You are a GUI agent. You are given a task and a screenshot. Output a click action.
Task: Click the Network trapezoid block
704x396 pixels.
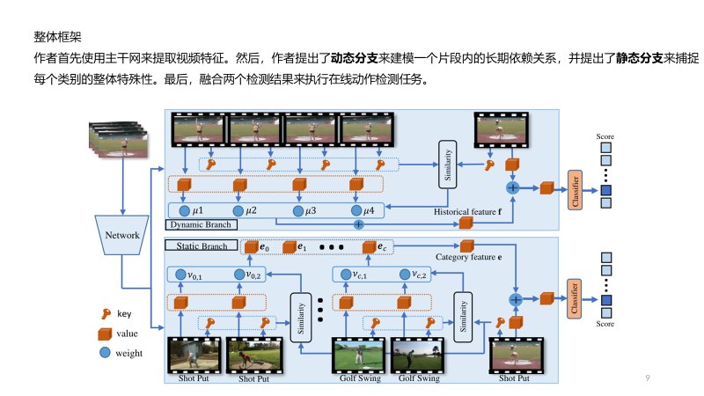pyautogui.click(x=122, y=235)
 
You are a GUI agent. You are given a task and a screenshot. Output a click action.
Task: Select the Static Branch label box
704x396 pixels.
pyautogui.click(x=201, y=246)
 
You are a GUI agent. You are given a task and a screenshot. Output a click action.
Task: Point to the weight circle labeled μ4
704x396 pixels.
pyautogui.click(x=356, y=210)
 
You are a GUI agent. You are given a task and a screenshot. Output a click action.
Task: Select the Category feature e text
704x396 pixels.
pyautogui.click(x=469, y=258)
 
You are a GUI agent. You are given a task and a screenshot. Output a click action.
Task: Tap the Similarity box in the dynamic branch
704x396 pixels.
pyautogui.click(x=448, y=164)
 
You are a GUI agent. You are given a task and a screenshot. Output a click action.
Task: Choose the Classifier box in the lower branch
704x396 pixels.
pyautogui.click(x=576, y=297)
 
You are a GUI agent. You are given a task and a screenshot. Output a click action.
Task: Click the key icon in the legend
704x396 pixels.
pyautogui.click(x=105, y=314)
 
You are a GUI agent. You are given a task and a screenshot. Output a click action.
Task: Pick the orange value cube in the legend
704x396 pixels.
pyautogui.click(x=105, y=334)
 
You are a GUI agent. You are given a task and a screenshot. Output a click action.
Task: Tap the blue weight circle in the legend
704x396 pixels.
pyautogui.click(x=105, y=353)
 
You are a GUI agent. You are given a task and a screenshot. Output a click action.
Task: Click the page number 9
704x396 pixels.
pyautogui.click(x=648, y=378)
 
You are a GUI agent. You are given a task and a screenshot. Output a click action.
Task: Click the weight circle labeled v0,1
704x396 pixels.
pyautogui.click(x=181, y=275)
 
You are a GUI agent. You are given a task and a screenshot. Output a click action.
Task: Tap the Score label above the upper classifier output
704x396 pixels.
pyautogui.click(x=605, y=136)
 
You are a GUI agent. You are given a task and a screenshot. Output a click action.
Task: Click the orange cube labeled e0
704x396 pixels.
pyautogui.click(x=250, y=247)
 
